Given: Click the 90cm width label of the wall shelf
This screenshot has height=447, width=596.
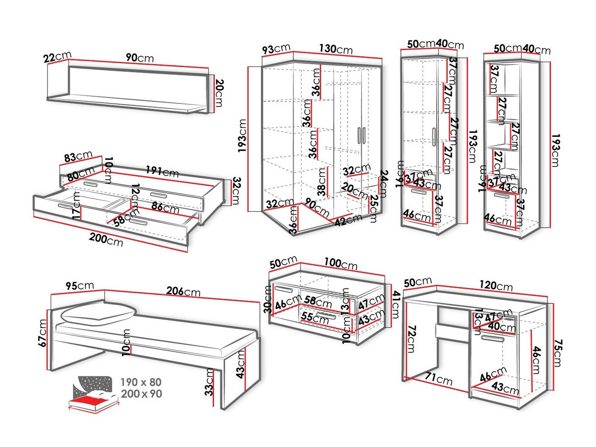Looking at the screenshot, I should (140, 58).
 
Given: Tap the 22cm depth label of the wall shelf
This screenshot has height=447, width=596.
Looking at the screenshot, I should (57, 57).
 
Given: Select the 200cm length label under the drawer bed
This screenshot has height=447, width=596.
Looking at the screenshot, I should (106, 239).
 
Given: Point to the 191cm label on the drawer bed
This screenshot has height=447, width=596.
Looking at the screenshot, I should (162, 172).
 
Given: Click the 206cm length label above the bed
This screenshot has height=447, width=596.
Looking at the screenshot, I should (183, 291).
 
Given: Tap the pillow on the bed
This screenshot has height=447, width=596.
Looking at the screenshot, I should (98, 313).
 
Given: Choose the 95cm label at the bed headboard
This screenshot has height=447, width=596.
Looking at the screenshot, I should (79, 286).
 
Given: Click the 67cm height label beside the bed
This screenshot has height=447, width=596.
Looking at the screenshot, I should (43, 333).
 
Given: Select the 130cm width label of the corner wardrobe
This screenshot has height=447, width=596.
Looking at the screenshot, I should (335, 48).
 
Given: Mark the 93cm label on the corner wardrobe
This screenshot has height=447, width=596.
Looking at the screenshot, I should (276, 48).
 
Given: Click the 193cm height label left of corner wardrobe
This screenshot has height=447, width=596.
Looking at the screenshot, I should (242, 135).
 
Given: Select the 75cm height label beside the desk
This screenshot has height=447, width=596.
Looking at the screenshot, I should (556, 353).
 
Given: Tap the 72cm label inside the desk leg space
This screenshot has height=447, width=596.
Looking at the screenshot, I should (411, 339).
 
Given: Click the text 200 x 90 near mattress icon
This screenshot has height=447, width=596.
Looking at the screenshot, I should (141, 394).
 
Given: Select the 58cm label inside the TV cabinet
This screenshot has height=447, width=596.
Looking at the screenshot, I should (317, 301).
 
